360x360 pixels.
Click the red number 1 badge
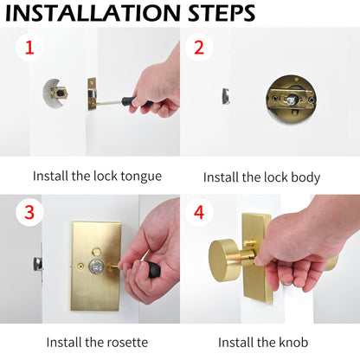tap(29, 47)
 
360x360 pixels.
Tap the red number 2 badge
tap(198, 47)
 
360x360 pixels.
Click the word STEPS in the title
tap(222, 13)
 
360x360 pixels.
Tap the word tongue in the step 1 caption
tap(139, 177)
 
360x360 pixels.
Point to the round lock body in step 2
tap(290, 100)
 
